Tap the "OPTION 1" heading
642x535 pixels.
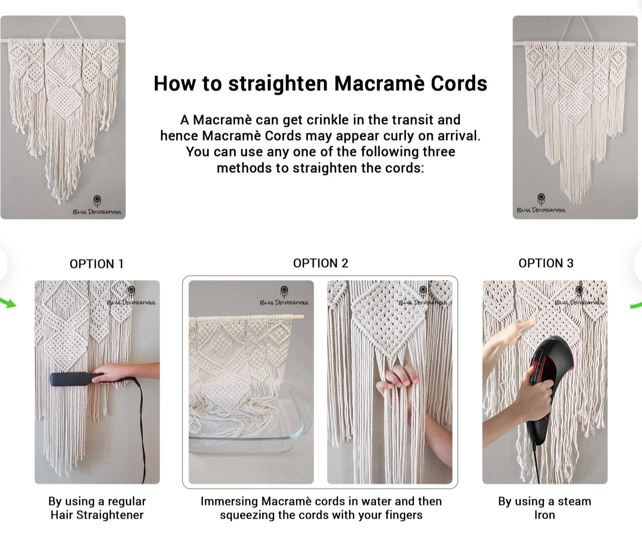pos(97,264)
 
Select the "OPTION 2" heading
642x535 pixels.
pos(321,263)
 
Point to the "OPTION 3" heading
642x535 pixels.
pos(546,263)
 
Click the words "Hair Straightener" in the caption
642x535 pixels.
pos(97,515)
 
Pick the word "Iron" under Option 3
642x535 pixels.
pos(544,515)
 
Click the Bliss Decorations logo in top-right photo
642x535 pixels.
pos(541,203)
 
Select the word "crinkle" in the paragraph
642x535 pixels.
pos(327,120)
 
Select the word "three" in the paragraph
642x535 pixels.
pos(439,151)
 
